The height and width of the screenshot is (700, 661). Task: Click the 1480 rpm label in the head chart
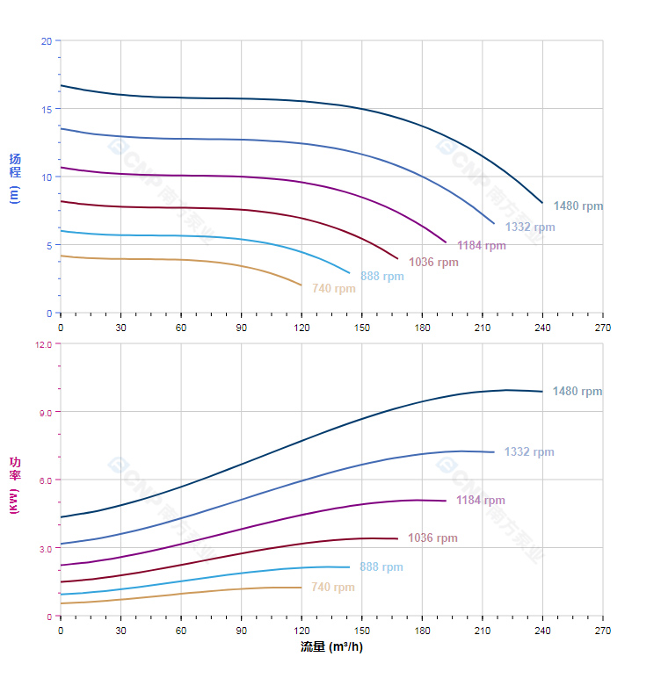point(578,206)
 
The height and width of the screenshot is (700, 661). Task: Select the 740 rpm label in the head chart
point(333,289)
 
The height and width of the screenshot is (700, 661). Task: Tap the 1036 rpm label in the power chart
point(432,538)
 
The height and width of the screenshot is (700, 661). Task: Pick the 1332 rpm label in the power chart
point(529,452)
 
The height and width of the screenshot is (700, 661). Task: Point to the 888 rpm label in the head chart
point(381,276)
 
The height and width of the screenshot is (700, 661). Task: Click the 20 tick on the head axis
point(46,41)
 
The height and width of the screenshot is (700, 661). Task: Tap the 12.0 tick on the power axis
point(43,344)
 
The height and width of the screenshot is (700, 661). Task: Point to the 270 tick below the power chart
point(603,631)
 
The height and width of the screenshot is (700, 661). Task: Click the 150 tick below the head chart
point(361,328)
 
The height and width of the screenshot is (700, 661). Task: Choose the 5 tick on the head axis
point(48,245)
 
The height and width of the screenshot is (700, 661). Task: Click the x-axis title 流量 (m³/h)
point(331,648)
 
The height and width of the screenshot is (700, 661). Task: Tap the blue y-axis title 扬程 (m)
point(14,177)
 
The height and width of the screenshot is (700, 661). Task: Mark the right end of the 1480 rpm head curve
point(542,204)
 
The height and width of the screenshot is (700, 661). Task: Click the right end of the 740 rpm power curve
point(301,588)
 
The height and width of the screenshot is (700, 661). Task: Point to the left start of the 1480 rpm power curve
point(61,516)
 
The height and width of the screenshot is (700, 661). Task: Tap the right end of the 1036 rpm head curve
point(398,259)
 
